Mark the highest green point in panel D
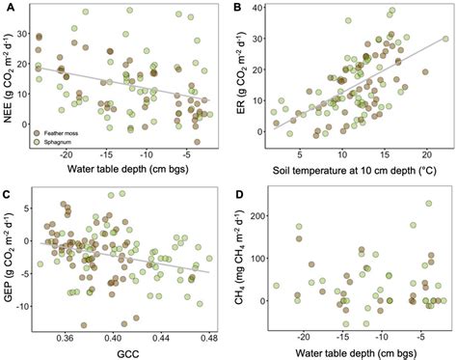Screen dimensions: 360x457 [428, 204]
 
